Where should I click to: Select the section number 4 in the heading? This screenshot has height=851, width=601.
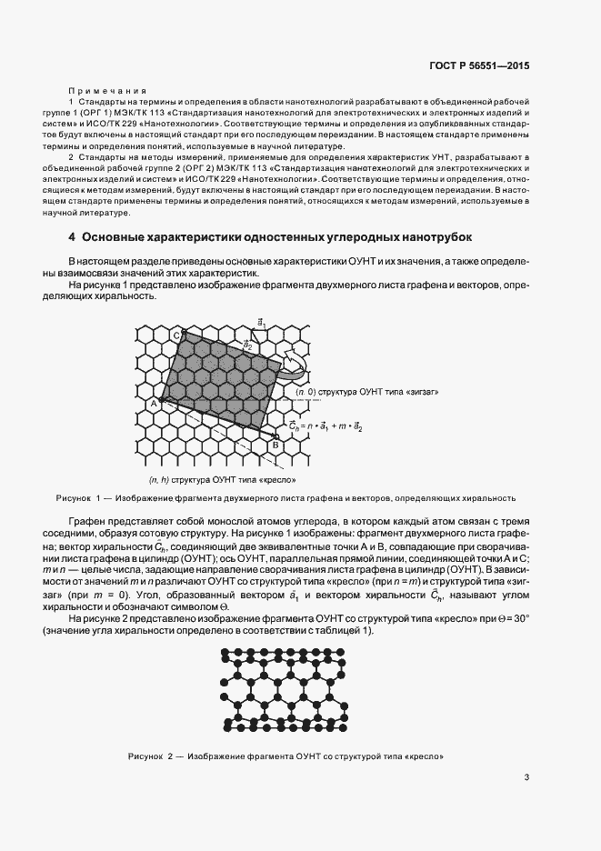[72, 238]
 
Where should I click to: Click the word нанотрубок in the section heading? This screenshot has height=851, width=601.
[431, 238]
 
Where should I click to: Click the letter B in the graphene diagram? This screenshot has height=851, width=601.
[274, 444]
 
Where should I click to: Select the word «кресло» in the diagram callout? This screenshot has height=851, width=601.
[279, 479]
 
